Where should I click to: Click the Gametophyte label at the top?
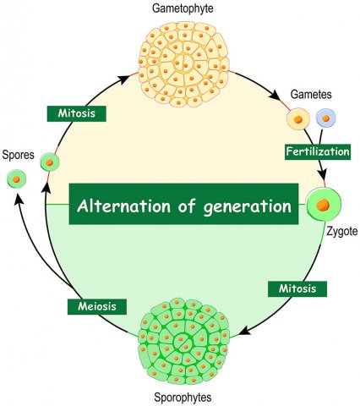tap(183, 8)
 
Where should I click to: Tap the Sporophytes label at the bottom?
tap(183, 398)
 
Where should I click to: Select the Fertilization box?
tap(318, 151)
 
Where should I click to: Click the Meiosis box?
tap(97, 306)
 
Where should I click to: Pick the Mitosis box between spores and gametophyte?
tap(77, 113)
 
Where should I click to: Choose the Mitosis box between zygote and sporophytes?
tap(297, 288)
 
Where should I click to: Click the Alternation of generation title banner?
tap(183, 204)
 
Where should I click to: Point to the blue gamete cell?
tap(326, 118)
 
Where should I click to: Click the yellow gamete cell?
tap(298, 119)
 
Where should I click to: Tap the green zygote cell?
tap(323, 205)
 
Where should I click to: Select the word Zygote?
tap(341, 232)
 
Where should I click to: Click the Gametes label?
tap(311, 95)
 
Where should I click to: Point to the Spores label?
tap(18, 155)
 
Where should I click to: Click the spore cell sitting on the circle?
tap(50, 162)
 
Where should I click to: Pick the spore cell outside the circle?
tap(16, 179)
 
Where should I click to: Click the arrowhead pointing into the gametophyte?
tap(124, 80)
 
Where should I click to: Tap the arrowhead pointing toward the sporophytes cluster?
tap(245, 331)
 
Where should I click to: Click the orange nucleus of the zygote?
tap(323, 205)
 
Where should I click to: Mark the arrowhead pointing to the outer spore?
tap(19, 200)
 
